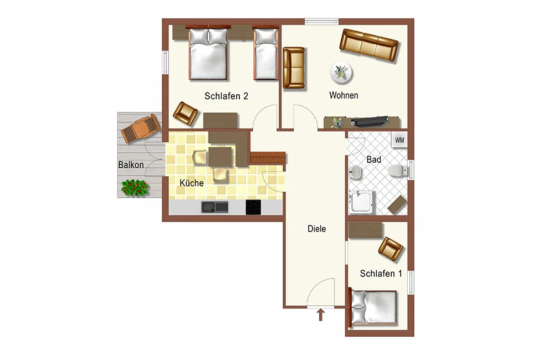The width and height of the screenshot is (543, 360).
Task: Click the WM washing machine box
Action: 399,140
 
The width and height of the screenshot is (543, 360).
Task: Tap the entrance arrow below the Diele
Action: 321,315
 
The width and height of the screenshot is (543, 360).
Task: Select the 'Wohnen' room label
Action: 344,95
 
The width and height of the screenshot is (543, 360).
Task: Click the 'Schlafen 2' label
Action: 226,96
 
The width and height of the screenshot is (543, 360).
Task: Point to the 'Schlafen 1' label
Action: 381,274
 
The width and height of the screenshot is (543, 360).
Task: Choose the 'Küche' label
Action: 192,182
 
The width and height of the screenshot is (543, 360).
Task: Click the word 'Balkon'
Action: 131,164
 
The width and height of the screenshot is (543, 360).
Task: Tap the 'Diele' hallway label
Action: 316,228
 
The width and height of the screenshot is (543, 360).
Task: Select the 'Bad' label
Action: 373,160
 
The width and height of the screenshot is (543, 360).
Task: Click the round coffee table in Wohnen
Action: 341,73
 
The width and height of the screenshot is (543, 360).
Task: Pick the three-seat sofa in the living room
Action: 369,45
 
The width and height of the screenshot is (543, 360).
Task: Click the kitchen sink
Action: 215,207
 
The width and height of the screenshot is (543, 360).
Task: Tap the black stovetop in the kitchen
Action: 253,207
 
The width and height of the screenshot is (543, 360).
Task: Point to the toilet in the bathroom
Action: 398,171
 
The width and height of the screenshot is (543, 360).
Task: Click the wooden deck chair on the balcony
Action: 141,128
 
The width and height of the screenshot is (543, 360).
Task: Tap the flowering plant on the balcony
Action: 135,188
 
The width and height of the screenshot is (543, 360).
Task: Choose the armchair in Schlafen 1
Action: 391,249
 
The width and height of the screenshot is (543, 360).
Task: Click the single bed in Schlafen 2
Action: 265,54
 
